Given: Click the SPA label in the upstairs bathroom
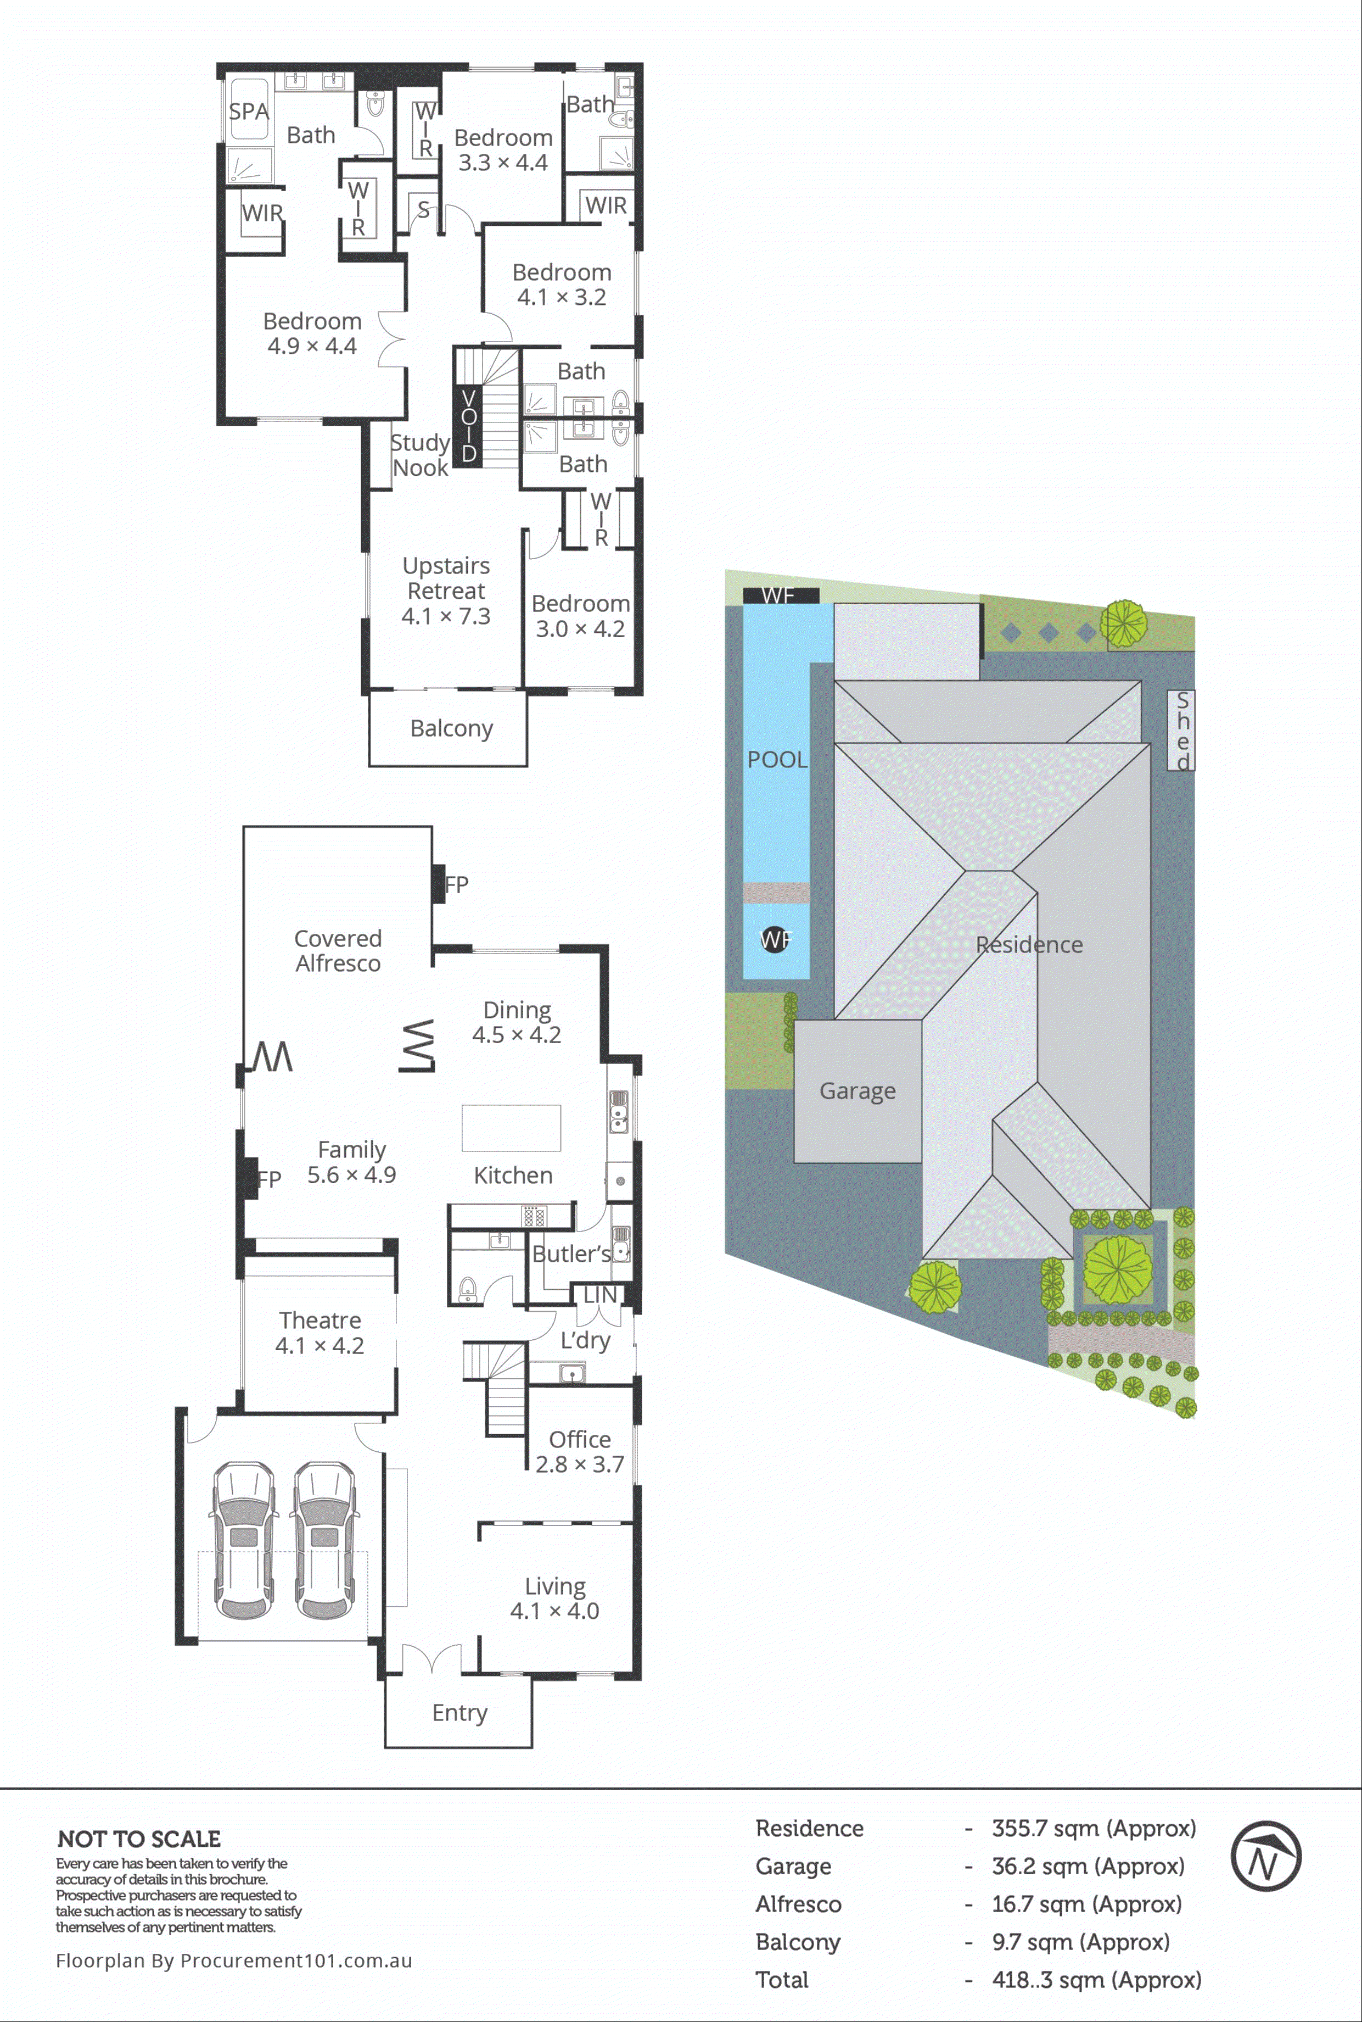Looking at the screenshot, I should coord(249,111).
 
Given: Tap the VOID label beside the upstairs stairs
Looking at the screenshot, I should coord(468,426).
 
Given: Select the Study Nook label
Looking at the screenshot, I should coord(421,455).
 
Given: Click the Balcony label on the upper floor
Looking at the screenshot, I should coord(451,728).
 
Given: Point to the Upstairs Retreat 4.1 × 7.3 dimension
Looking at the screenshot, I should coord(446,616).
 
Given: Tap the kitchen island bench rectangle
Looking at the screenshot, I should coord(511,1127).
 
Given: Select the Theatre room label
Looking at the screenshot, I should coord(320,1320).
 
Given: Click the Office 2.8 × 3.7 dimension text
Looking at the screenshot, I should coord(579,1464).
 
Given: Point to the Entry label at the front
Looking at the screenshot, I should coord(459,1712).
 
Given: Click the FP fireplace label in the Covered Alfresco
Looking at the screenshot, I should coord(456,884).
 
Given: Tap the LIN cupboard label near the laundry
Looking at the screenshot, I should coord(599,1295).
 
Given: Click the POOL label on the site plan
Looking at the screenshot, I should coord(777,760).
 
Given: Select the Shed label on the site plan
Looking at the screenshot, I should coord(1181,730).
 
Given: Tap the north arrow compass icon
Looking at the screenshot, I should coord(1265,1856).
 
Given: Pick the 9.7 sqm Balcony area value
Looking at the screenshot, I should coord(1080,1942).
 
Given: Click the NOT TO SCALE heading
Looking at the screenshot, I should coord(139,1839).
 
